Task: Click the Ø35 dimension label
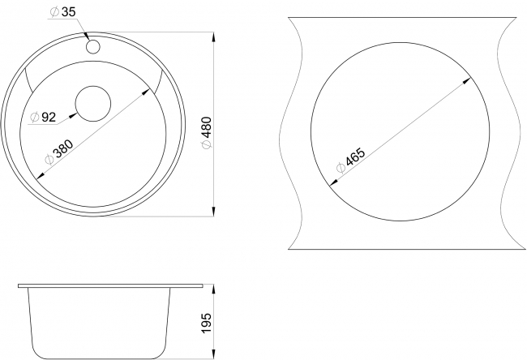[x=63, y=12]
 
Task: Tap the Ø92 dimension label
[x=43, y=118]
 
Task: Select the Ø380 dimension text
[x=59, y=152]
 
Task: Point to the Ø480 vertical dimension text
[x=207, y=132]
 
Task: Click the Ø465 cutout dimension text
[x=350, y=160]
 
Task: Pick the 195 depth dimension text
[x=207, y=323]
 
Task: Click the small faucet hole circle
[x=92, y=47]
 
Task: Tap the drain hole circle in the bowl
[x=93, y=104]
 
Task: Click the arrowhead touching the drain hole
[x=73, y=116]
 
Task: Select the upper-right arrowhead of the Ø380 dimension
[x=146, y=92]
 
